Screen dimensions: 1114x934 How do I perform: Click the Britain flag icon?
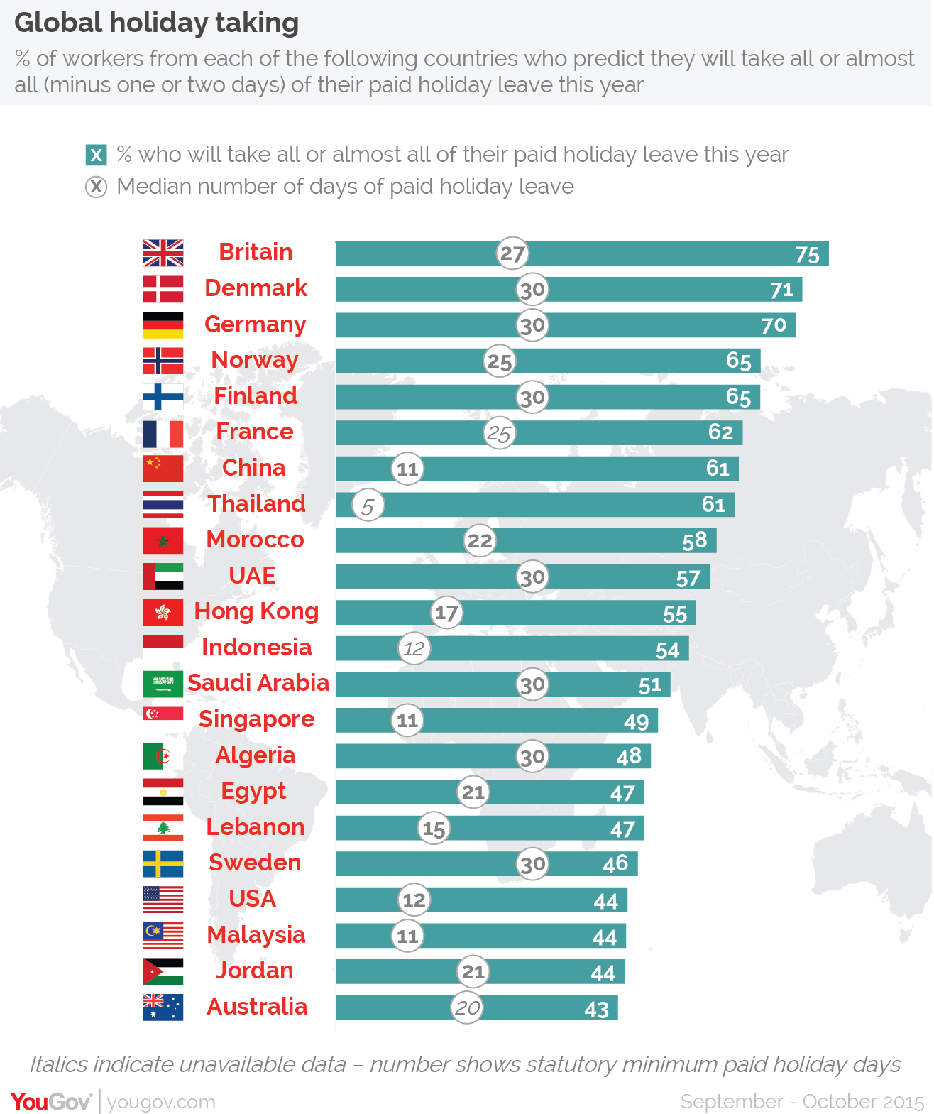coord(163,253)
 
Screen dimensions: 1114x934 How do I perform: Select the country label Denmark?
coord(256,288)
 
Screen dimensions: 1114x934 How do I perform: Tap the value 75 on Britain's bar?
coord(807,254)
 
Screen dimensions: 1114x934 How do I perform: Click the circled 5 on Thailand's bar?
coord(368,506)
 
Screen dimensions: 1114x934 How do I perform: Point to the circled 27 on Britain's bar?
coord(512,253)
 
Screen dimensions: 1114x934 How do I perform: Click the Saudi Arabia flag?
coord(163,684)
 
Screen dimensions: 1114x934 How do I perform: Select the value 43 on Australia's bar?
coord(596,1009)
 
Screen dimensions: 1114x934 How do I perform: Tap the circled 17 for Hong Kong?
coord(446,613)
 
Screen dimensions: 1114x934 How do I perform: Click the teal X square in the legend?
coord(96,155)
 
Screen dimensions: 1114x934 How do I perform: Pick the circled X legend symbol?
coord(96,187)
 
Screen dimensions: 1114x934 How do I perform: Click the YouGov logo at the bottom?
coord(51,1101)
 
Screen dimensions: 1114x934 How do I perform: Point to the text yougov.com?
coord(161,1102)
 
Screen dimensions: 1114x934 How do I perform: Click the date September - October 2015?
coord(802,1101)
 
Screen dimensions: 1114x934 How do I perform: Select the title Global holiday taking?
coord(157,23)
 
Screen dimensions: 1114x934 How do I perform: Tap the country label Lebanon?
coord(256,827)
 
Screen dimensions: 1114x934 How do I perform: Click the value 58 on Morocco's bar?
coord(694,541)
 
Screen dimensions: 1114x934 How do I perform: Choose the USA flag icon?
coord(163,900)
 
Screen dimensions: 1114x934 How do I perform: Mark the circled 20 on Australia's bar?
coord(467,1007)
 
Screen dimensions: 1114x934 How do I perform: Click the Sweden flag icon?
coord(163,864)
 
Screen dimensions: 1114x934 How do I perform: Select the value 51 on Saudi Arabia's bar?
coord(649,685)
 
